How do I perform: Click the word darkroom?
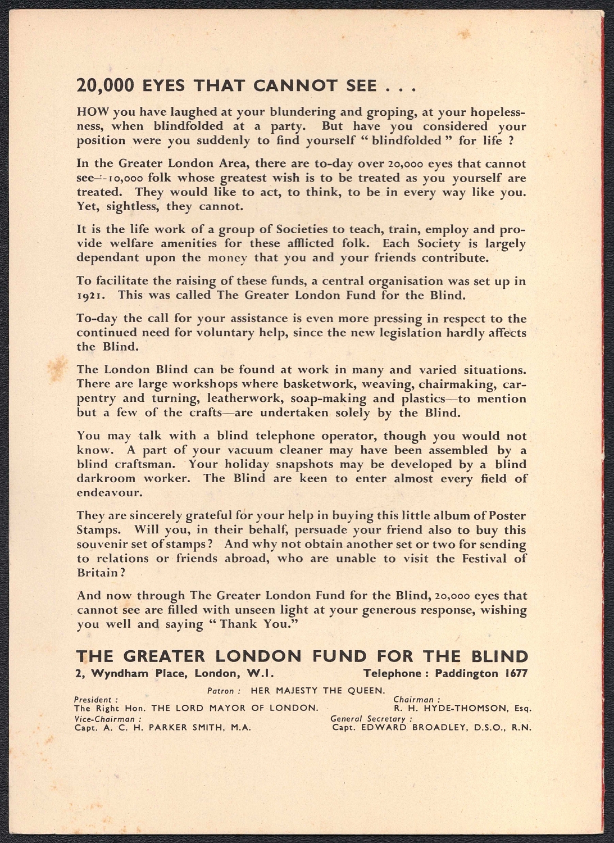click(106, 479)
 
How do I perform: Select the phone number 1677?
click(516, 673)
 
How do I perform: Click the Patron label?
click(224, 691)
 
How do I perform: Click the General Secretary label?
click(371, 719)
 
